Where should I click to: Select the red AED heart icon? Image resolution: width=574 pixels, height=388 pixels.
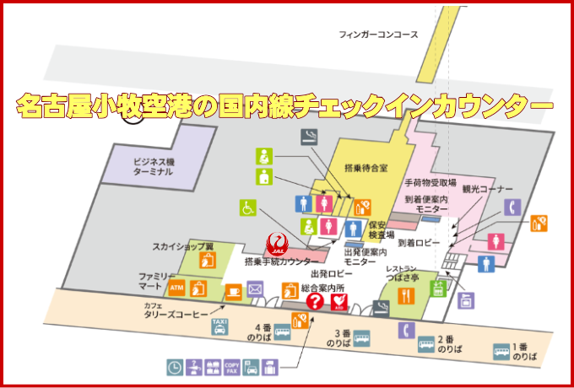pyautogui.click(x=339, y=301)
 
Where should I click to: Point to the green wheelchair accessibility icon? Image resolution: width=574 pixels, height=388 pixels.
pyautogui.click(x=249, y=206)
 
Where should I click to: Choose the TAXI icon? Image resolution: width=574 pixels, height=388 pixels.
pyautogui.click(x=219, y=326)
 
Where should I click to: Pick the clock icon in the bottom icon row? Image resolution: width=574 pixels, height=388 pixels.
pyautogui.click(x=175, y=367)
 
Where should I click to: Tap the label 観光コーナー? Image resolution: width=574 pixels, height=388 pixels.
pyautogui.click(x=487, y=190)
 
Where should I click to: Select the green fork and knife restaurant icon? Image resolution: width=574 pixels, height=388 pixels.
pyautogui.click(x=406, y=295)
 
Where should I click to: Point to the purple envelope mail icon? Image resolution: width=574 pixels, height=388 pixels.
pyautogui.click(x=256, y=290)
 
